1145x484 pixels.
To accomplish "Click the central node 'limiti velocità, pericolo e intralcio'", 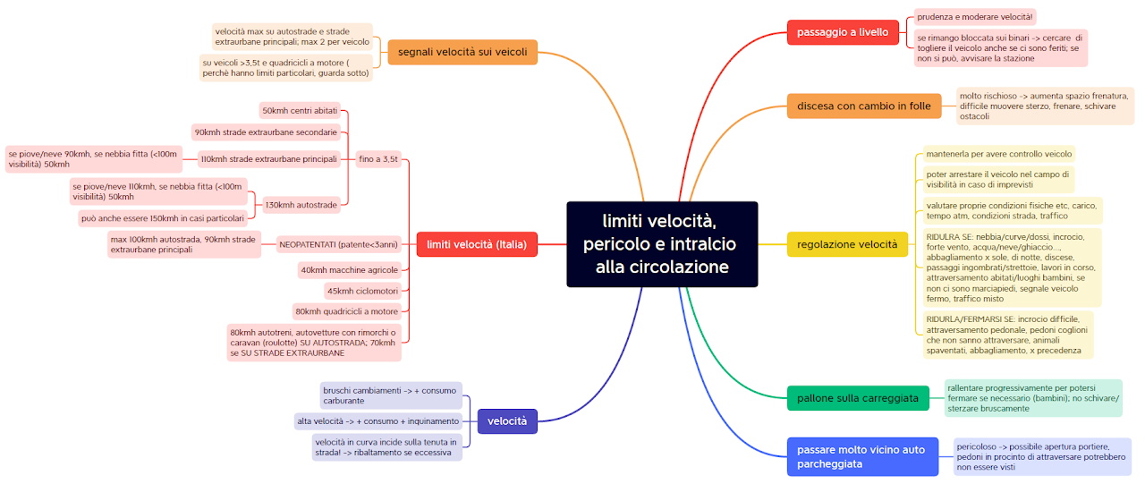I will pyautogui.click(x=662, y=244).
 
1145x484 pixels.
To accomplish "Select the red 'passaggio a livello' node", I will pyautogui.click(x=843, y=33).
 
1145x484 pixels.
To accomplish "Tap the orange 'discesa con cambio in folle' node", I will pyautogui.click(x=863, y=106).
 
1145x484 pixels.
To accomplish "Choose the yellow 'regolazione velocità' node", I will pyautogui.click(x=846, y=244).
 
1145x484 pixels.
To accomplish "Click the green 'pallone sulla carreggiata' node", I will pyautogui.click(x=858, y=398).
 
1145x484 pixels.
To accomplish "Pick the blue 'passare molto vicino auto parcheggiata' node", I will pyautogui.click(x=862, y=456).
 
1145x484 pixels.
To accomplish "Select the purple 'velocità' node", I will pyautogui.click(x=507, y=421).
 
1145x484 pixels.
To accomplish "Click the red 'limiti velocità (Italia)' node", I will pyautogui.click(x=476, y=244).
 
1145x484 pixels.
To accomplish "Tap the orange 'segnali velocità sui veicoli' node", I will pyautogui.click(x=462, y=53).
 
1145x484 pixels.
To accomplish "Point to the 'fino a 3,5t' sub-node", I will pyautogui.click(x=378, y=159).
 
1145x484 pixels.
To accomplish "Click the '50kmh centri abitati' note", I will pyautogui.click(x=300, y=111).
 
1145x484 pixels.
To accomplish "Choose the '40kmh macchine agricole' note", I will pyautogui.click(x=350, y=270).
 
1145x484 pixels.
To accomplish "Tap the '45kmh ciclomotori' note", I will pyautogui.click(x=362, y=291).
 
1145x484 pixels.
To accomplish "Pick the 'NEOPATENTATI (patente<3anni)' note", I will pyautogui.click(x=338, y=244).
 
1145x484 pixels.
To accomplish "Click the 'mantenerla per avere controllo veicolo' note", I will pyautogui.click(x=998, y=154).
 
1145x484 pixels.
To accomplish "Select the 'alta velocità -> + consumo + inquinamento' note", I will pyautogui.click(x=379, y=421).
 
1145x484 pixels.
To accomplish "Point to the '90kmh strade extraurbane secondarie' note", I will pyautogui.click(x=267, y=132).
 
